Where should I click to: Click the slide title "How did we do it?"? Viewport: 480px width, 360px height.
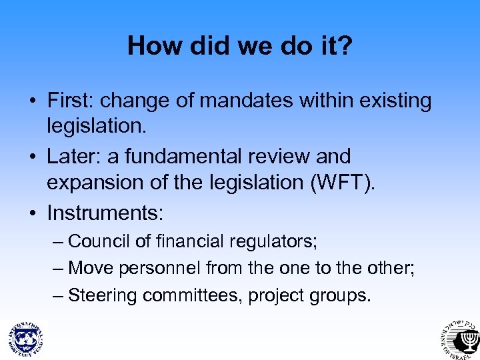click(239, 46)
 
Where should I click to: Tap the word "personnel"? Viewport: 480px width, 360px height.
click(161, 268)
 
